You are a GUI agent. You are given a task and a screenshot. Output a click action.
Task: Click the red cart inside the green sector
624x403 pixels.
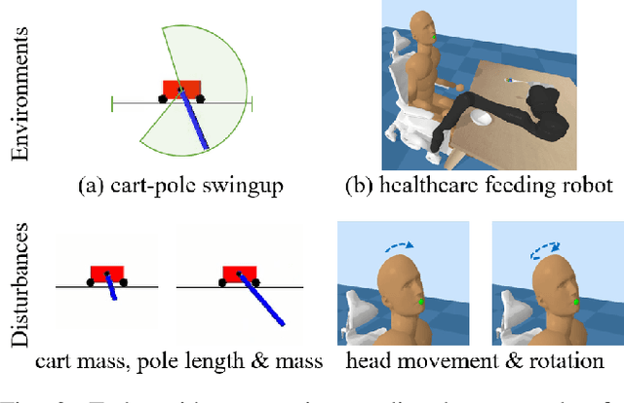(181, 91)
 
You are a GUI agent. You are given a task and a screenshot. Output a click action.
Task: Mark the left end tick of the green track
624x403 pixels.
(112, 100)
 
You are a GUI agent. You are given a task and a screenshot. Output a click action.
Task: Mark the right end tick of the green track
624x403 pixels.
(252, 100)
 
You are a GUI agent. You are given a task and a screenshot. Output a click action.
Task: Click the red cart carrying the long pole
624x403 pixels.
(239, 272)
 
